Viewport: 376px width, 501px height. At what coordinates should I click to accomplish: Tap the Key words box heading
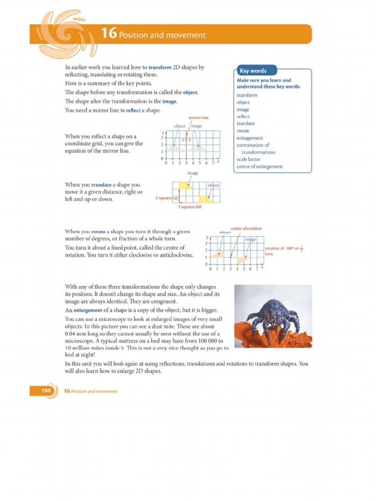click(x=253, y=70)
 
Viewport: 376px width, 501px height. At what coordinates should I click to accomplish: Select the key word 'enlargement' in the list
click(x=250, y=138)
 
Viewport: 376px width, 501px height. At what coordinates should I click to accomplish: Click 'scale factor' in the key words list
click(x=248, y=159)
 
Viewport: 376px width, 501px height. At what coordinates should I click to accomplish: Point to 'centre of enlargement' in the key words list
click(x=259, y=166)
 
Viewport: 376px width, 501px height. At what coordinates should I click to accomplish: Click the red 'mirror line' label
click(x=198, y=117)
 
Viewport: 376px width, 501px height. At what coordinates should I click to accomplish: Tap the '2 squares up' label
click(x=166, y=198)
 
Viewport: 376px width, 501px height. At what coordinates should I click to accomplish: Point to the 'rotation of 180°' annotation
click(x=282, y=249)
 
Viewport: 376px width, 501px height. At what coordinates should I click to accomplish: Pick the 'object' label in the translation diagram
click(x=213, y=185)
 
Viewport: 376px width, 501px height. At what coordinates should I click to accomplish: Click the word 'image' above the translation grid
click(x=193, y=173)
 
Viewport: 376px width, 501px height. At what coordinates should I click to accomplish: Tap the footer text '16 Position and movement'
click(x=91, y=391)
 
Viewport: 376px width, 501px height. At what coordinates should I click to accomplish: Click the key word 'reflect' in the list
click(x=243, y=116)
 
